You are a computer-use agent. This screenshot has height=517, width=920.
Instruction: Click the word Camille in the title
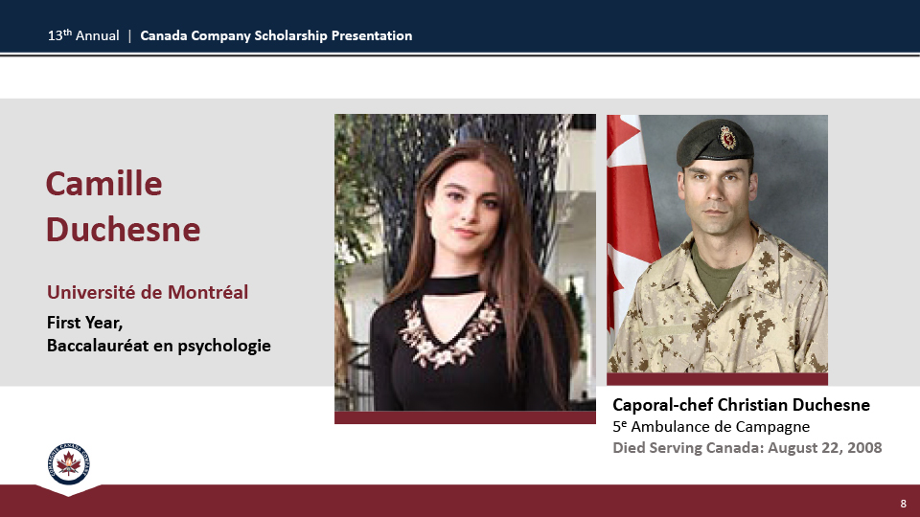click(x=103, y=184)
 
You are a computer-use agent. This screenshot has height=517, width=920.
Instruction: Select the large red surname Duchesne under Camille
click(x=124, y=229)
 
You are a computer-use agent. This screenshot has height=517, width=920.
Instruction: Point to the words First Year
click(x=84, y=323)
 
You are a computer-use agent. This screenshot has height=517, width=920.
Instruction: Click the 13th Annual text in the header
click(x=83, y=35)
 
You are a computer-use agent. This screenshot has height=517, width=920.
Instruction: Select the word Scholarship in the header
click(x=290, y=36)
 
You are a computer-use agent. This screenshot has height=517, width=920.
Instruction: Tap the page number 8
click(x=903, y=504)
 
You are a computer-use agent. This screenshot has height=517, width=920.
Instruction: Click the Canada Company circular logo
click(x=69, y=463)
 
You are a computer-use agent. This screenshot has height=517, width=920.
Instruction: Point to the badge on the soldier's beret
click(x=727, y=138)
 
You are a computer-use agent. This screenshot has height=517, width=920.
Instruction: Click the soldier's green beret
click(x=715, y=143)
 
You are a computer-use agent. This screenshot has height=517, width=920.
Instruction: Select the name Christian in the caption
click(x=753, y=405)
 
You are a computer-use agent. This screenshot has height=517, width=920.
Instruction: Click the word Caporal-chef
click(x=663, y=406)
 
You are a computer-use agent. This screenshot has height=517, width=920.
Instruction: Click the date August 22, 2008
click(x=825, y=448)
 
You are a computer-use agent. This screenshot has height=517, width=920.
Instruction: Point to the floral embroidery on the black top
click(x=448, y=333)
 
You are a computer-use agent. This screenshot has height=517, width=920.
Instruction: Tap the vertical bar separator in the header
click(x=129, y=36)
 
